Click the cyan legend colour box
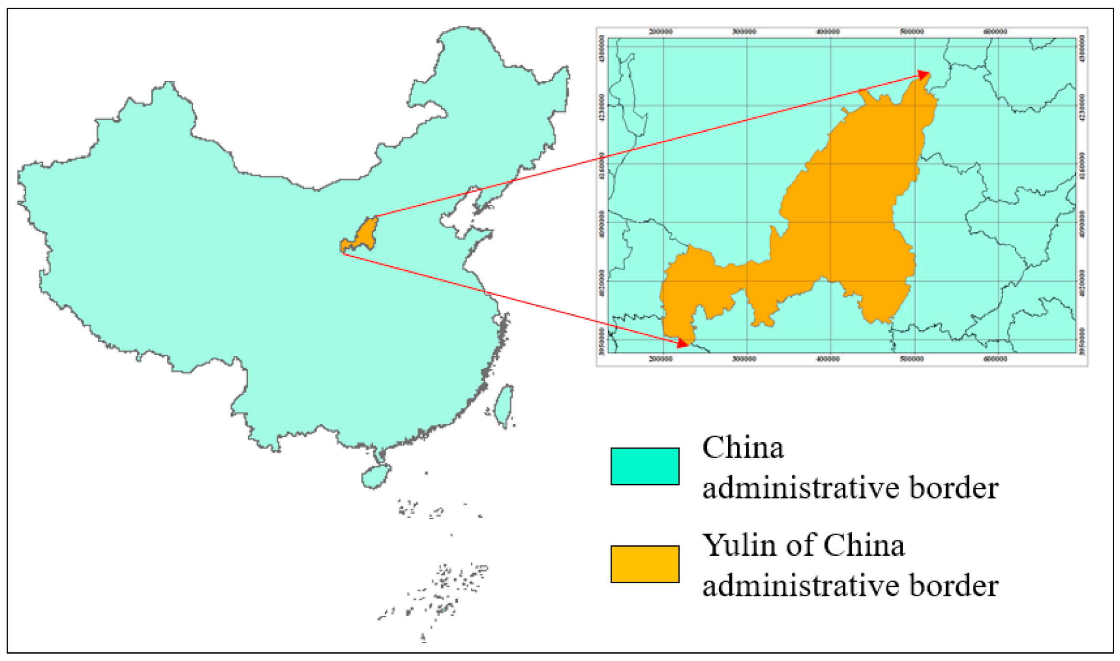[x=644, y=466]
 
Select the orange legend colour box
[x=644, y=563]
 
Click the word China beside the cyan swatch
[x=743, y=448]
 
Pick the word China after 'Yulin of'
[x=864, y=546]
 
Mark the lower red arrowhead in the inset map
[x=682, y=343]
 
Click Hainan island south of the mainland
[x=375, y=476]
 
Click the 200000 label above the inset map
[x=661, y=32]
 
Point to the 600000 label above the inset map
[x=995, y=32]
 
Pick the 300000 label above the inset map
[x=744, y=32]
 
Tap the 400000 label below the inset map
[x=828, y=359]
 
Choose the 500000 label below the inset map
[x=911, y=359]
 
